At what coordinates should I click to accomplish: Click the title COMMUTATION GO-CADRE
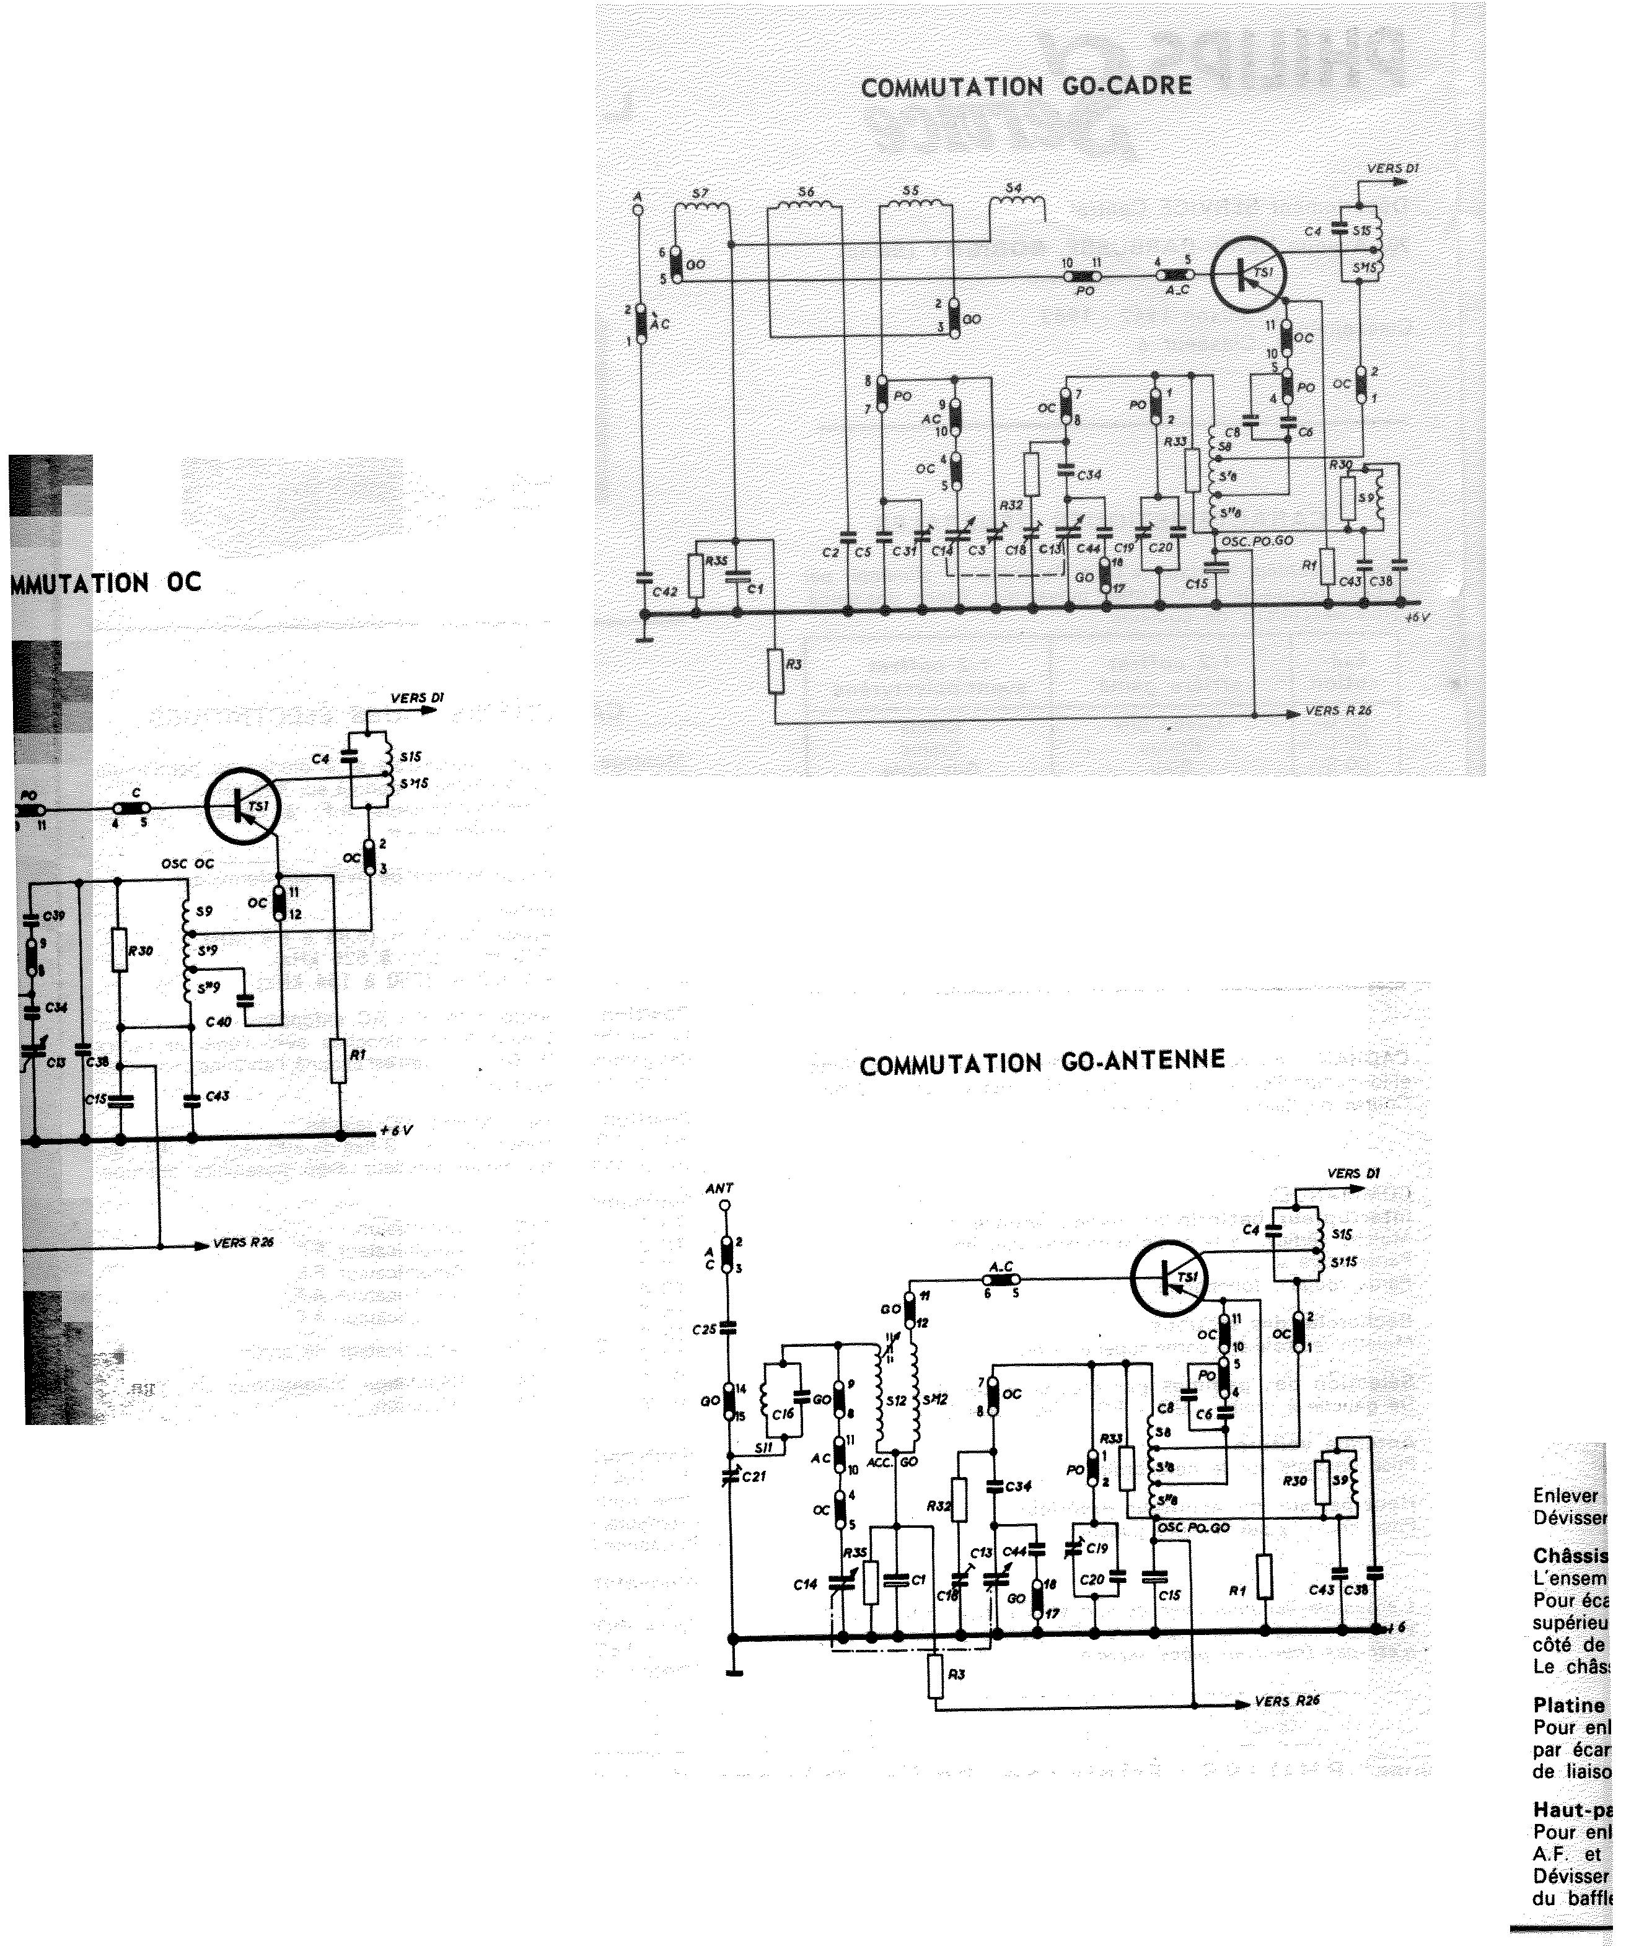click(x=1026, y=87)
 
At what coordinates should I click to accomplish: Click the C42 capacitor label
click(x=666, y=591)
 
